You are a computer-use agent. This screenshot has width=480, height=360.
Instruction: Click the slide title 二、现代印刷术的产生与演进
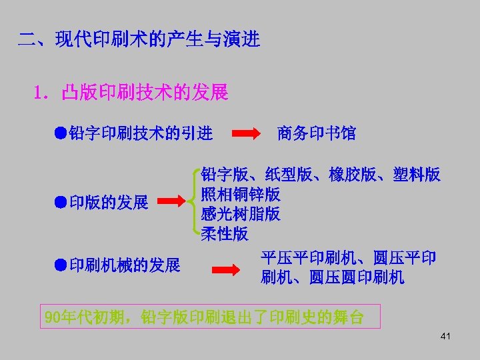click(x=139, y=39)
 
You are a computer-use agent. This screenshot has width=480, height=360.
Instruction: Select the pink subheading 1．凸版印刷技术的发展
click(x=130, y=92)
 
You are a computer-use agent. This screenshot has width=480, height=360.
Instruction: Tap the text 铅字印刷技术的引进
click(x=141, y=134)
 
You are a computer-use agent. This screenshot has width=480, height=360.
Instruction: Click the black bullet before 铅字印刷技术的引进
click(x=60, y=133)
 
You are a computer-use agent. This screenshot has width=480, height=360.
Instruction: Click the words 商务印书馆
click(x=316, y=134)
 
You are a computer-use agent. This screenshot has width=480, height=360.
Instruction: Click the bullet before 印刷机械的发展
click(x=60, y=265)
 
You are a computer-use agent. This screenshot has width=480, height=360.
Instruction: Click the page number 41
click(x=445, y=336)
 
